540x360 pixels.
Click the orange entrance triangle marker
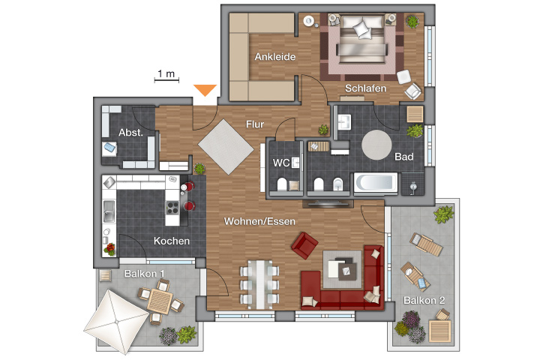[205, 89]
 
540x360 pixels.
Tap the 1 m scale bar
[166, 80]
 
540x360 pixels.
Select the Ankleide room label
[275, 56]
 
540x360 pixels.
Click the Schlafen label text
[365, 88]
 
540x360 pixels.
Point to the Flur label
[255, 124]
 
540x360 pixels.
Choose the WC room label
[281, 163]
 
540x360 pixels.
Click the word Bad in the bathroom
[404, 157]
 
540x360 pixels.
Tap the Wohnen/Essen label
[259, 221]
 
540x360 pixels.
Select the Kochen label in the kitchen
[172, 241]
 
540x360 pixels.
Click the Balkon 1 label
[144, 274]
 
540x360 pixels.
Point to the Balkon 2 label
[424, 301]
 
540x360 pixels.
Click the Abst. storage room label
[130, 132]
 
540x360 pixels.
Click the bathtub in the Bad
[376, 182]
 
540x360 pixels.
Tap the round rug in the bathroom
[376, 145]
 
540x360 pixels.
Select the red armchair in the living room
[304, 245]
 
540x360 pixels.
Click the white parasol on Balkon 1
[116, 322]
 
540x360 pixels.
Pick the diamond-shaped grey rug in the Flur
[226, 147]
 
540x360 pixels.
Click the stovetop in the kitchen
[172, 208]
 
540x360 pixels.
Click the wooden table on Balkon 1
[160, 301]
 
